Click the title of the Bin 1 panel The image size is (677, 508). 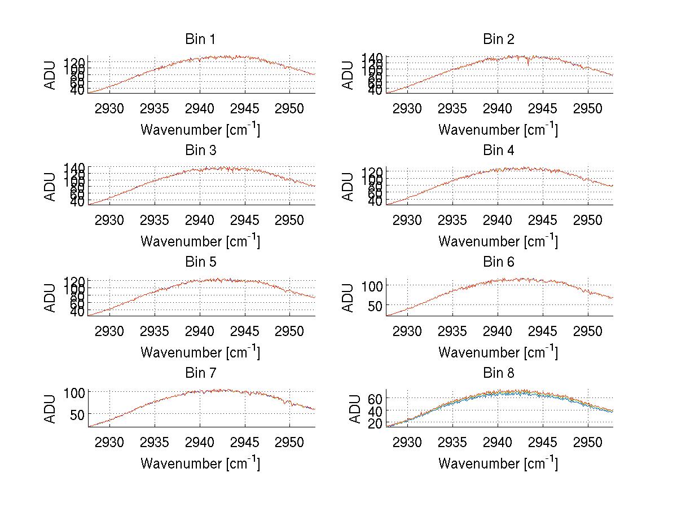tap(200, 39)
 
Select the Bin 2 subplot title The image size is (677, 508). tap(498, 39)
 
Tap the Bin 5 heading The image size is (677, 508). tap(200, 262)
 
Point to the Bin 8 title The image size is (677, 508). tap(498, 373)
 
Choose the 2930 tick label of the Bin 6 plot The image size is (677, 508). tap(407, 330)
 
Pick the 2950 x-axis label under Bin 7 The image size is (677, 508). tap(290, 441)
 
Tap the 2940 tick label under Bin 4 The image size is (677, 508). tap(498, 219)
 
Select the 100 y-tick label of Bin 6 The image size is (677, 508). tap(372, 286)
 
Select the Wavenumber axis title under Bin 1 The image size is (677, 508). tap(200, 130)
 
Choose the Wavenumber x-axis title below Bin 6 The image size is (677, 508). tap(498, 352)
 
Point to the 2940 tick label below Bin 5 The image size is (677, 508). tap(200, 330)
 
